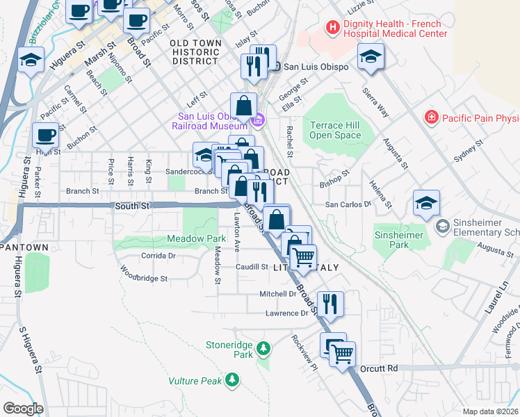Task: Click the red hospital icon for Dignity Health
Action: [332, 28]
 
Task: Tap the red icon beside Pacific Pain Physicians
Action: [432, 116]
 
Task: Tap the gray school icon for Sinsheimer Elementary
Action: [441, 226]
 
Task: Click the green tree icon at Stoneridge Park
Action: [263, 347]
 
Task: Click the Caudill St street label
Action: [252, 267]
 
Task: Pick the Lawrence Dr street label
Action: [286, 313]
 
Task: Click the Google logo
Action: [23, 409]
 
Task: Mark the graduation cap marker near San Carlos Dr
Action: [426, 203]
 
